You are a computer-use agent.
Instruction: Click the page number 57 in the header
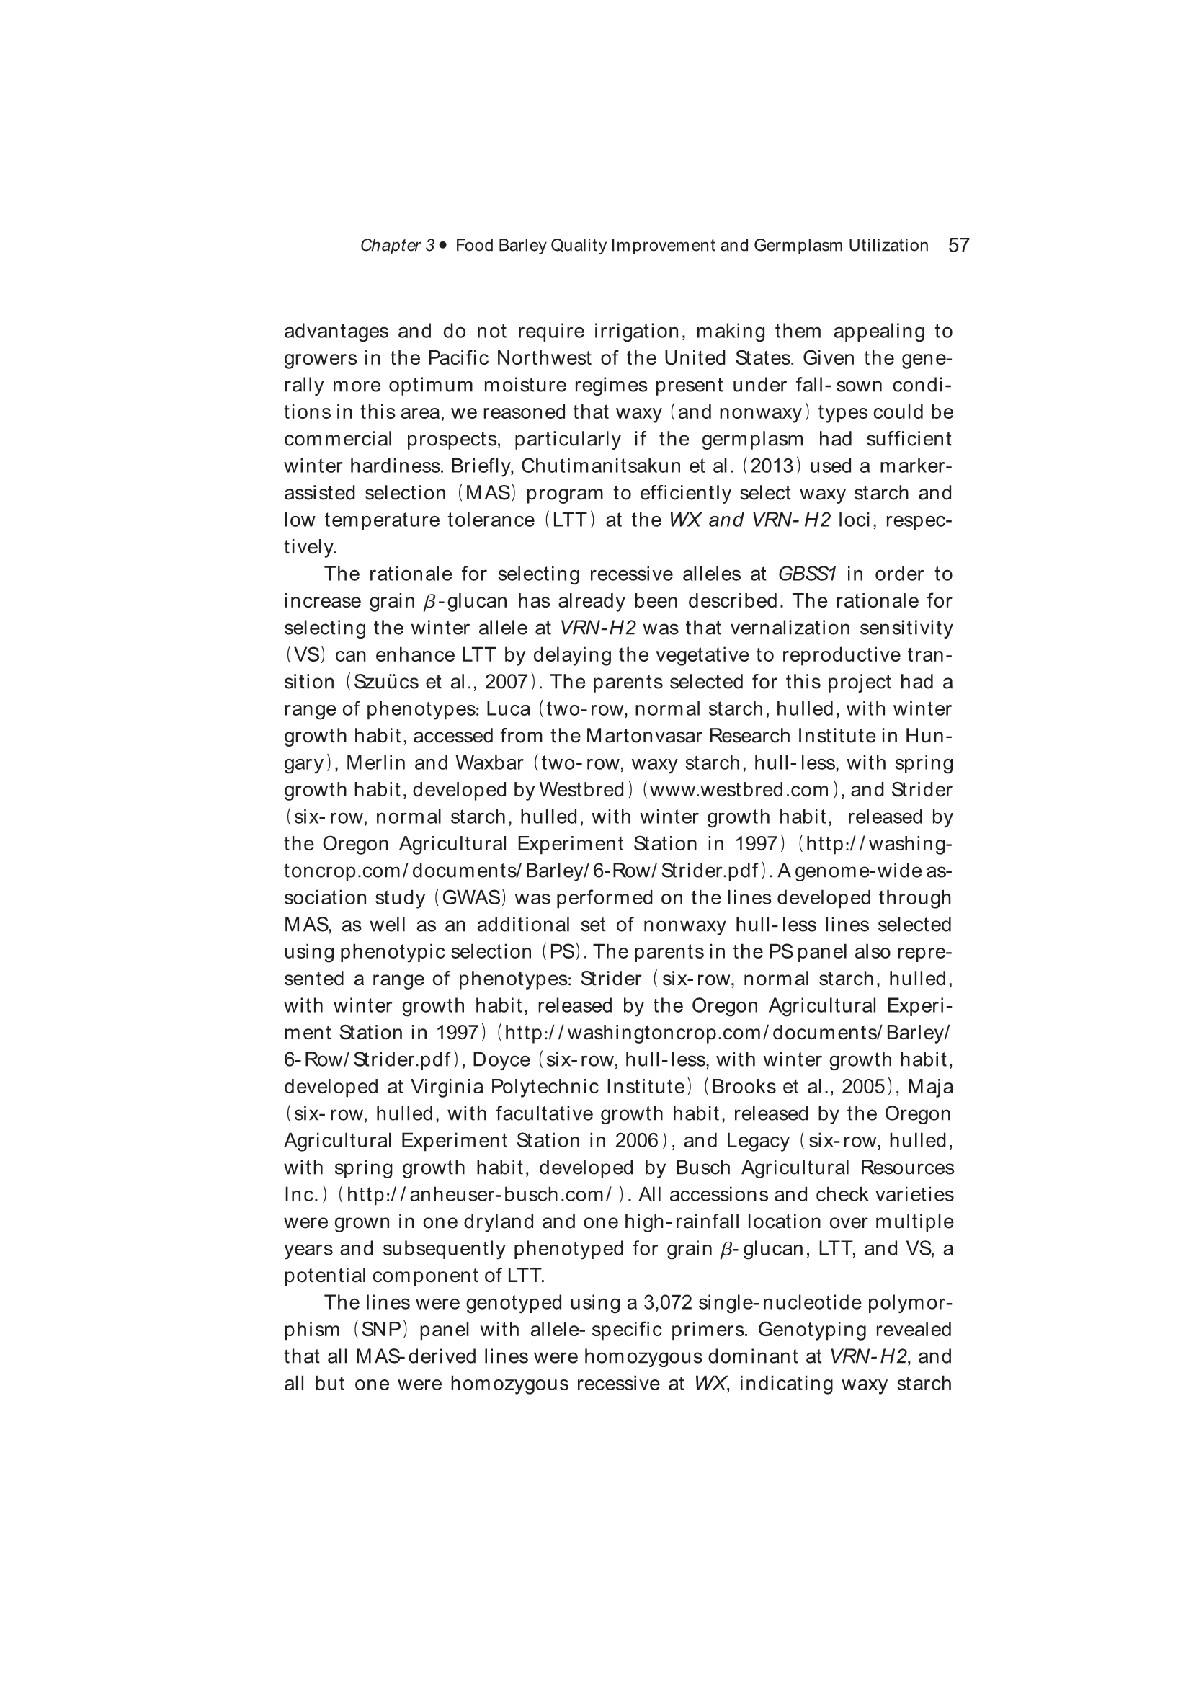[959, 245]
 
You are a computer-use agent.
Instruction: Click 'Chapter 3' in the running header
[397, 246]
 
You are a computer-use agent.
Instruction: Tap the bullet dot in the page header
[443, 245]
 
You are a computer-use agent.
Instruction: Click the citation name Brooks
[743, 1087]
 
